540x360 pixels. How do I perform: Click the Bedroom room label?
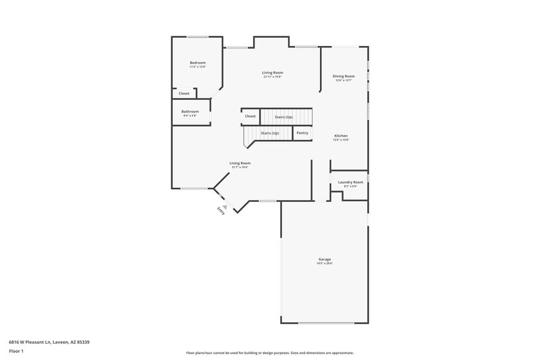coord(197,63)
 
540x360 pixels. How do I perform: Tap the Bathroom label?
coord(190,111)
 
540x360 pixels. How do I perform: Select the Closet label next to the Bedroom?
coord(184,93)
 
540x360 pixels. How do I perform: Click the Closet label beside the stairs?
coord(250,116)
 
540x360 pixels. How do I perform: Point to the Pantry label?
coord(302,132)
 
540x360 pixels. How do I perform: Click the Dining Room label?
coord(343,76)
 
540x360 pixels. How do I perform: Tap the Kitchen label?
coord(341,136)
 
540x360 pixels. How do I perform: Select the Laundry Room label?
coord(350,182)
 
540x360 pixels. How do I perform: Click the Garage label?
coord(325,259)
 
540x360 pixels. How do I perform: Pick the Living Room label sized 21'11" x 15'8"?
coord(272,72)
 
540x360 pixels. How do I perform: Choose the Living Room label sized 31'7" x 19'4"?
coord(240,163)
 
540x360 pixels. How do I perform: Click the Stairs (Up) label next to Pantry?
coord(269,133)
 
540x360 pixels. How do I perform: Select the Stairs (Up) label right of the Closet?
coord(283,117)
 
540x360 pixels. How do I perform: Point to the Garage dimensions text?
coord(325,263)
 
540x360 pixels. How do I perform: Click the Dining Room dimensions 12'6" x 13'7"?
coord(343,80)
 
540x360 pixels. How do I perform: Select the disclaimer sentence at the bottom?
coord(269,353)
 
